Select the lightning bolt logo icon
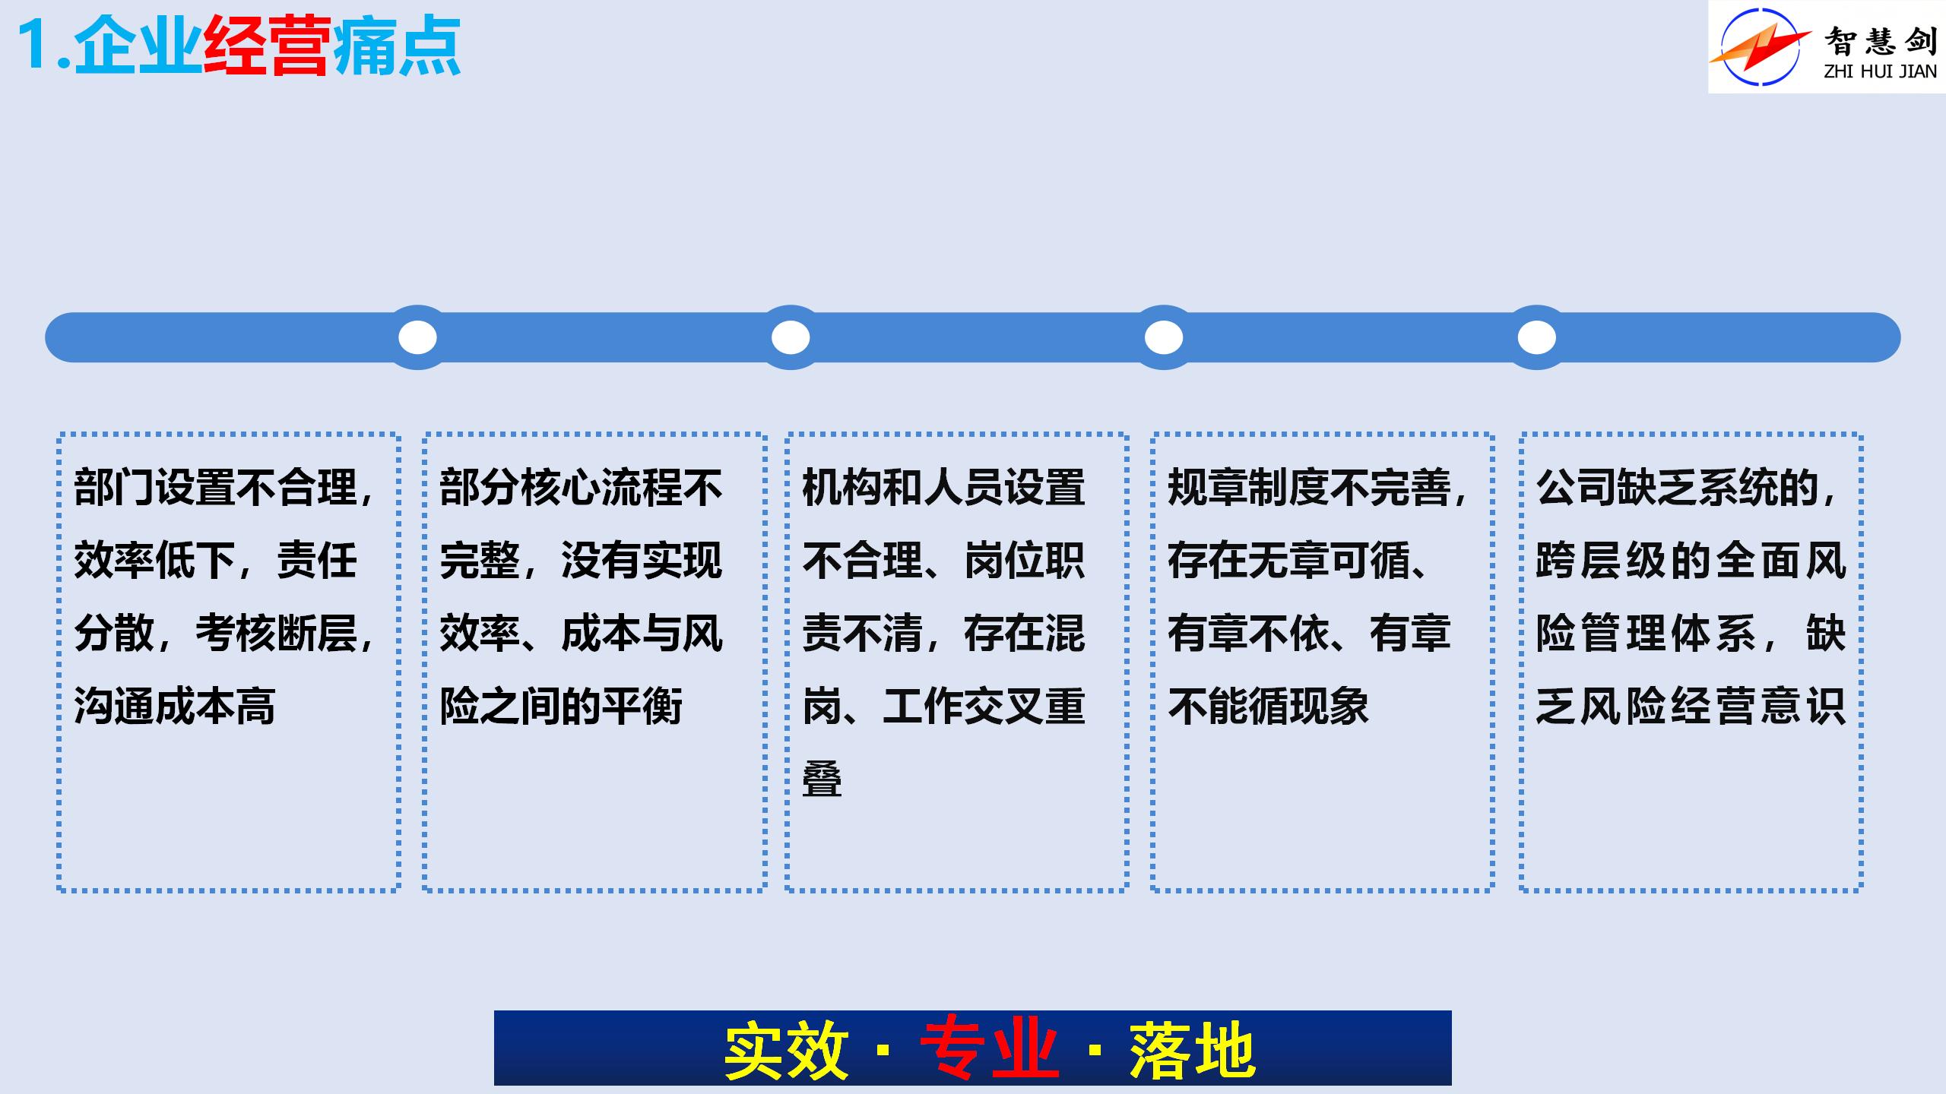[1759, 46]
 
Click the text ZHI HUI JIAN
[1881, 71]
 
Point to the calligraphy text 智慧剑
[1881, 40]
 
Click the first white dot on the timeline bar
[417, 337]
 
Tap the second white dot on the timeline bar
[791, 337]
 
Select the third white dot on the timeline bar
[1164, 337]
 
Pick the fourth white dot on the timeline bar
[1537, 337]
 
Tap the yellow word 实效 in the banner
[786, 1050]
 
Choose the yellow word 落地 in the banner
[1192, 1050]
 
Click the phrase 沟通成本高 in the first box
[175, 706]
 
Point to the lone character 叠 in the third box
[822, 779]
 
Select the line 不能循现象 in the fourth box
[1268, 706]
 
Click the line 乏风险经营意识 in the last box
[1691, 706]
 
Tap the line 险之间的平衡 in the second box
[561, 706]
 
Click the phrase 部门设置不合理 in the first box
[216, 487]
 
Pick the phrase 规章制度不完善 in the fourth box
[1309, 487]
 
